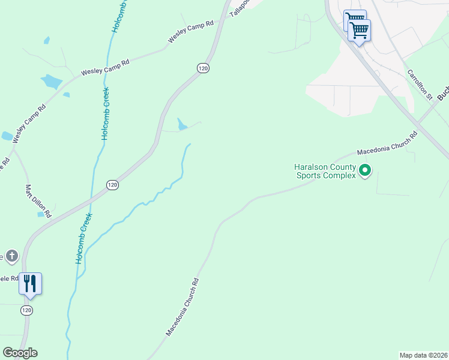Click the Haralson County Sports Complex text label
tap(325, 172)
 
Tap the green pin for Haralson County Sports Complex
tap(365, 172)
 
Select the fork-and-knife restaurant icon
tap(30, 283)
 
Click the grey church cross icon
tap(11, 256)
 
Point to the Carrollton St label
tap(420, 83)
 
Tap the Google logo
tap(20, 353)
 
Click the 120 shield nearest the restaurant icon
tap(26, 310)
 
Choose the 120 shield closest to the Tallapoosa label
tap(203, 68)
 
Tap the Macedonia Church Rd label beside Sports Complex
tap(387, 146)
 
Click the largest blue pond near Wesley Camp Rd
tap(51, 82)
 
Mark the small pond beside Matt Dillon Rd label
tap(41, 214)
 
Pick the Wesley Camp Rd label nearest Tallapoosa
tap(191, 31)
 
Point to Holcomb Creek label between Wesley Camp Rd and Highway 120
tap(106, 114)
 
